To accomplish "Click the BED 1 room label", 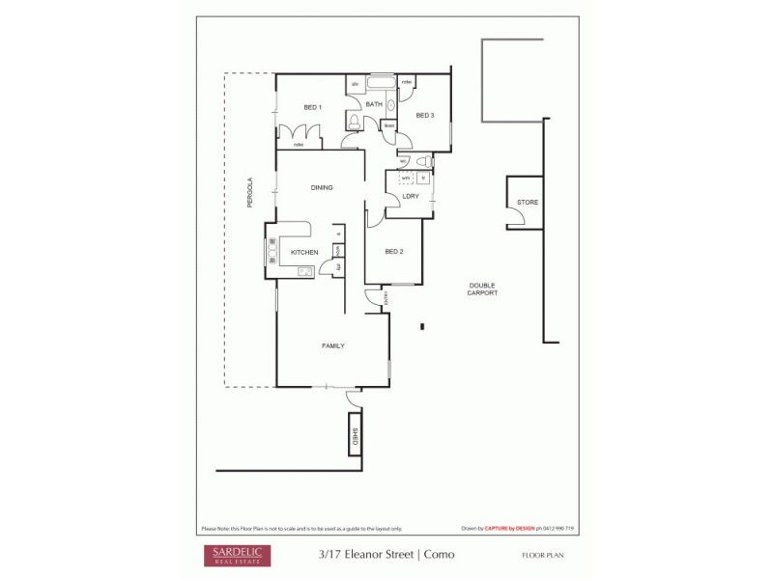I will point(311,107).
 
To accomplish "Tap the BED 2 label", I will point(393,252).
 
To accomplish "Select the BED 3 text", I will point(425,116).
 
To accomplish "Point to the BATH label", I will point(373,103).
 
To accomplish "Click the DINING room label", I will point(322,187).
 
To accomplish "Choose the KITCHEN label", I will point(304,253).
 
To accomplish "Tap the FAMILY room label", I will point(332,345).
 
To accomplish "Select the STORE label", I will point(527,203).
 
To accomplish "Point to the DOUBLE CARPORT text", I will point(483,289).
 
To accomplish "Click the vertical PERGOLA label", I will point(249,192).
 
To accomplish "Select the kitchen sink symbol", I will point(305,270).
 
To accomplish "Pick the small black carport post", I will point(422,326).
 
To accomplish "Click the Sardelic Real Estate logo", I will point(236,555).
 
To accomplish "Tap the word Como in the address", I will point(439,555).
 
